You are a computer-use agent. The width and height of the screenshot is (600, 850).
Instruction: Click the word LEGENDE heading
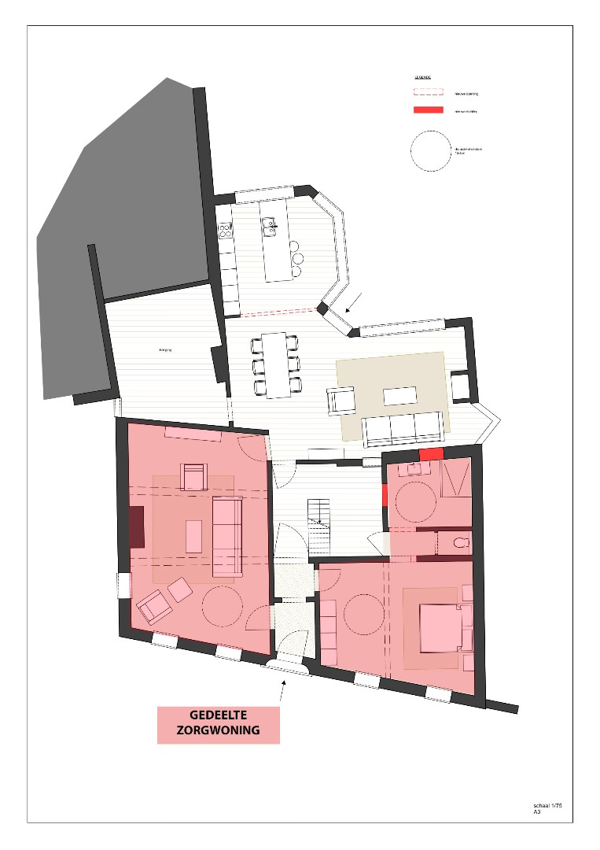[422, 78]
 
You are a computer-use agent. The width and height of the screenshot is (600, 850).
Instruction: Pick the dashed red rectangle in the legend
[429, 93]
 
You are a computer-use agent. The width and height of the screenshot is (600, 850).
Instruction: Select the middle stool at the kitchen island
[296, 258]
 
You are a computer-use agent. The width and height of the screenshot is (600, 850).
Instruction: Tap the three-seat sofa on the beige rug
[402, 428]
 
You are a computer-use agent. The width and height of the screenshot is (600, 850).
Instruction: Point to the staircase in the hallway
[320, 526]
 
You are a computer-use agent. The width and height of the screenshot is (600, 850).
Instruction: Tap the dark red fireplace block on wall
[137, 527]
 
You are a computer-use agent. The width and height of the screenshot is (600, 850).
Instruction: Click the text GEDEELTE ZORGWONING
[218, 723]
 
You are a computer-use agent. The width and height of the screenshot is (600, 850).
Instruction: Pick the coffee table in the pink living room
[193, 537]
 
